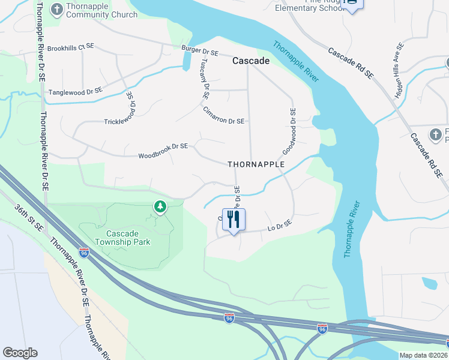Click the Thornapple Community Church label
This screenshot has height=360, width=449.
pos(101,10)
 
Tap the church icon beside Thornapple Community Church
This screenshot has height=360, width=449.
pos(56,10)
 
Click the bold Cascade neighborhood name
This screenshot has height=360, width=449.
pos(251,61)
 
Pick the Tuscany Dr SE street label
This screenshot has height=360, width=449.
pos(205,78)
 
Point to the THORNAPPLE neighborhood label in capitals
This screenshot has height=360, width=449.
pos(255,164)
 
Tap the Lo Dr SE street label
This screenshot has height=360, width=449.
pos(279,224)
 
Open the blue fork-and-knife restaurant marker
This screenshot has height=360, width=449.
pos(234,219)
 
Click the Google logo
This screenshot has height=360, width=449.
pos(20,353)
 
